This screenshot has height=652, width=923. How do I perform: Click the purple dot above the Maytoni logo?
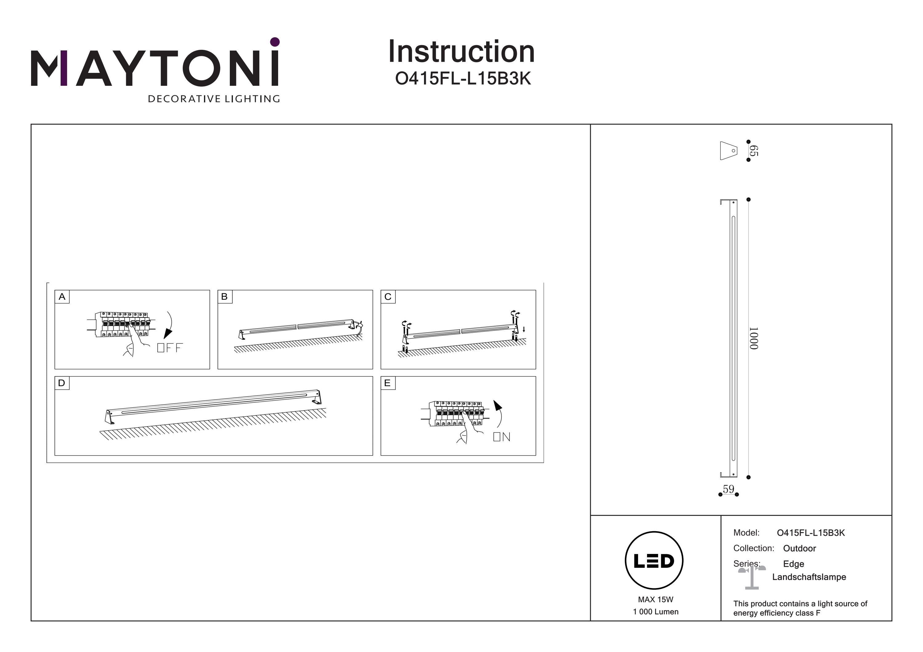(275, 42)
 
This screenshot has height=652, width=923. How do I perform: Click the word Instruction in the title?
(461, 52)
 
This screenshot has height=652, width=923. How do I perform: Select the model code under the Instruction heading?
(463, 79)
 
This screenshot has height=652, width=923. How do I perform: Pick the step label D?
(62, 383)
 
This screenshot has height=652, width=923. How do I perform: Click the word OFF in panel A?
(170, 348)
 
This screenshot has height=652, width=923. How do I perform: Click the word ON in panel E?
(502, 437)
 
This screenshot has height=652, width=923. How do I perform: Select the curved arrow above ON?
(499, 413)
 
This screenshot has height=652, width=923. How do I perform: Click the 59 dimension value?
(729, 489)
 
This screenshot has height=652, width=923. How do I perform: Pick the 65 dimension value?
(754, 151)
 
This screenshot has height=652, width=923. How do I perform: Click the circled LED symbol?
(654, 561)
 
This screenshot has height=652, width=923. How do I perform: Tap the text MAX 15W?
(655, 599)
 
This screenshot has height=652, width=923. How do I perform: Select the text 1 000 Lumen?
(655, 612)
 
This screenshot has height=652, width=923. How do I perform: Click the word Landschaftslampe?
(809, 577)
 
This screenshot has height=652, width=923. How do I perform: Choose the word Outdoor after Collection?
(799, 548)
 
